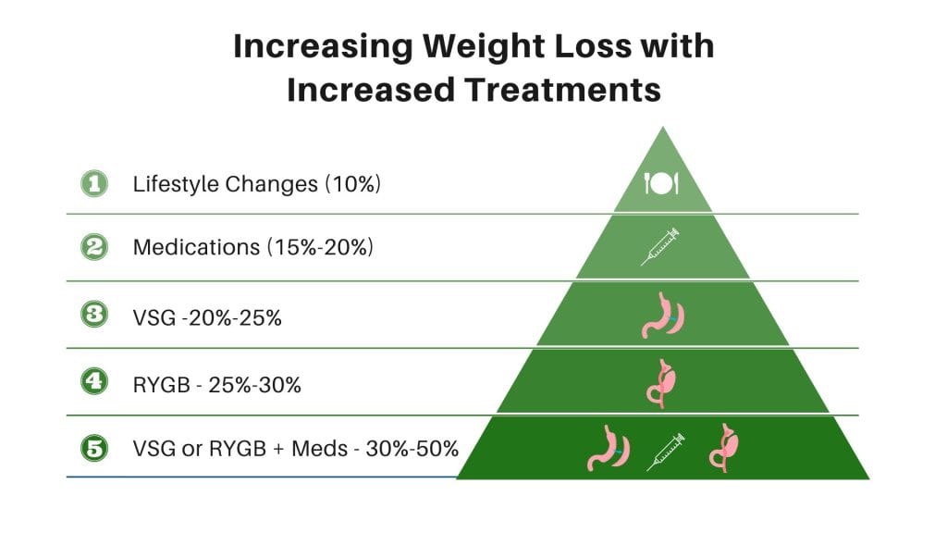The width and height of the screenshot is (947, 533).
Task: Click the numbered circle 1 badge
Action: [x=93, y=184]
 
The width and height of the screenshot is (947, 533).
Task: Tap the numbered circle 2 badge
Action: [x=93, y=247]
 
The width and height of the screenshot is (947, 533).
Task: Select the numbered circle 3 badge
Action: [x=93, y=316]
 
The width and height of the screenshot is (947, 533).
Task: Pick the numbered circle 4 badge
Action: [x=93, y=383]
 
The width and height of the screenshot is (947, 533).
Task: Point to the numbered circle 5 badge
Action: [x=93, y=450]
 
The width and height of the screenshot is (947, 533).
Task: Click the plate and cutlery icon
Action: [x=661, y=183]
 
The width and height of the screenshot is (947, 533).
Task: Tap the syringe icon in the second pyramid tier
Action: [x=660, y=247]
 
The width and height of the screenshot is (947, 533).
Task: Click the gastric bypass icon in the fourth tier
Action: [x=662, y=381]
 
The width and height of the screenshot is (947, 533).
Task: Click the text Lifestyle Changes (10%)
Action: [x=257, y=184]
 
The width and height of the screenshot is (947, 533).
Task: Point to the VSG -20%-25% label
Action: [x=207, y=316]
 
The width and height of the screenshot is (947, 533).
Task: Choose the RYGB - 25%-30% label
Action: [x=217, y=384]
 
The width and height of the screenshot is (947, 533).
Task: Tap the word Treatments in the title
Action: [x=555, y=90]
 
